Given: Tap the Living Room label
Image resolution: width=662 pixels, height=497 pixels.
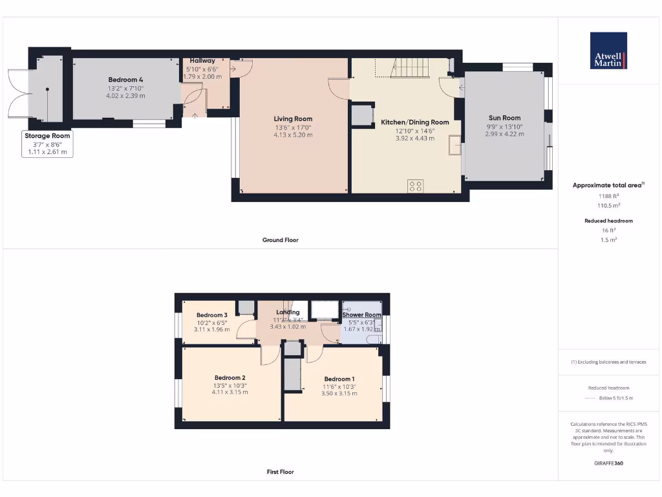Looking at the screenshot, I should pyautogui.click(x=293, y=119).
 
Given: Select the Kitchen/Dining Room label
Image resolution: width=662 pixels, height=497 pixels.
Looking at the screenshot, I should pyautogui.click(x=414, y=122).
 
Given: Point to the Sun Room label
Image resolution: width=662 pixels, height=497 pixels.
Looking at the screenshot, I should pyautogui.click(x=504, y=118).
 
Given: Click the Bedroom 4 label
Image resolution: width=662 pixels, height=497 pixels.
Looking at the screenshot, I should pyautogui.click(x=125, y=80).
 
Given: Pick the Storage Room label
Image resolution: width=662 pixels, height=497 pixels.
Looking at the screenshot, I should pyautogui.click(x=47, y=136).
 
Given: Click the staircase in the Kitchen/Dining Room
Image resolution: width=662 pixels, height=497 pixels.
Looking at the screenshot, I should pyautogui.click(x=408, y=67).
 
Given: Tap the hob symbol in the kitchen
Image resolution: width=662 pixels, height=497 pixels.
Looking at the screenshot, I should pyautogui.click(x=415, y=186).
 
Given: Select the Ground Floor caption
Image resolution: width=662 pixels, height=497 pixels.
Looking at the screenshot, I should pyautogui.click(x=281, y=240).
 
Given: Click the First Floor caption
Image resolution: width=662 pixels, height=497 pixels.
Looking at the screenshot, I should pyautogui.click(x=281, y=472).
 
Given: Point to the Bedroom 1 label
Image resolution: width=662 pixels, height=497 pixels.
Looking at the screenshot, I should pyautogui.click(x=339, y=379).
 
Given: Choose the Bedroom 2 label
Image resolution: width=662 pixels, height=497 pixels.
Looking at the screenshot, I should pyautogui.click(x=230, y=378).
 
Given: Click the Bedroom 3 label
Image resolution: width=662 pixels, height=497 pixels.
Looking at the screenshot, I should pyautogui.click(x=212, y=315).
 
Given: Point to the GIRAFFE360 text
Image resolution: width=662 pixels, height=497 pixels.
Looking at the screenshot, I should pyautogui.click(x=608, y=463).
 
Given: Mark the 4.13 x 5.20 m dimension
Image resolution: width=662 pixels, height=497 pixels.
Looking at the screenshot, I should pyautogui.click(x=293, y=135).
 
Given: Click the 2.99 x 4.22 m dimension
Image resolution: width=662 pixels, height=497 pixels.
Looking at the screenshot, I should pyautogui.click(x=504, y=134).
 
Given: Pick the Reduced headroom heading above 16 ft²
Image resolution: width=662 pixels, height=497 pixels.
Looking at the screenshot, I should pyautogui.click(x=608, y=221).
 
